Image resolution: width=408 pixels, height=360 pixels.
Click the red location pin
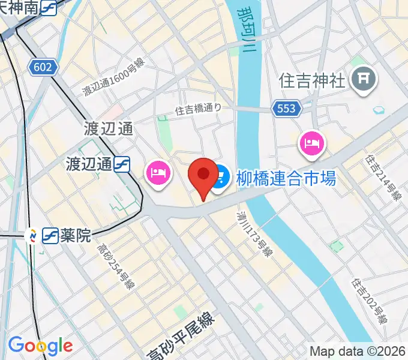tap(203, 176)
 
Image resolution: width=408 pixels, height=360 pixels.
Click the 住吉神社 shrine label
tap(313, 80)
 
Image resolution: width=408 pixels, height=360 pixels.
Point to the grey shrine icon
tap(363, 78)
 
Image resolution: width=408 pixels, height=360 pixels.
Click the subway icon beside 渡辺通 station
tap(123, 163)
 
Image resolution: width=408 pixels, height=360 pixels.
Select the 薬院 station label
tap(76, 235)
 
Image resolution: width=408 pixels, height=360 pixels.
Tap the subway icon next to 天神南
tap(49, 7)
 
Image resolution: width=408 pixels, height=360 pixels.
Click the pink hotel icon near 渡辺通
tap(157, 175)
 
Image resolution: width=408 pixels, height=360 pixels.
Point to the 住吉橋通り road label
tap(198, 109)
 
